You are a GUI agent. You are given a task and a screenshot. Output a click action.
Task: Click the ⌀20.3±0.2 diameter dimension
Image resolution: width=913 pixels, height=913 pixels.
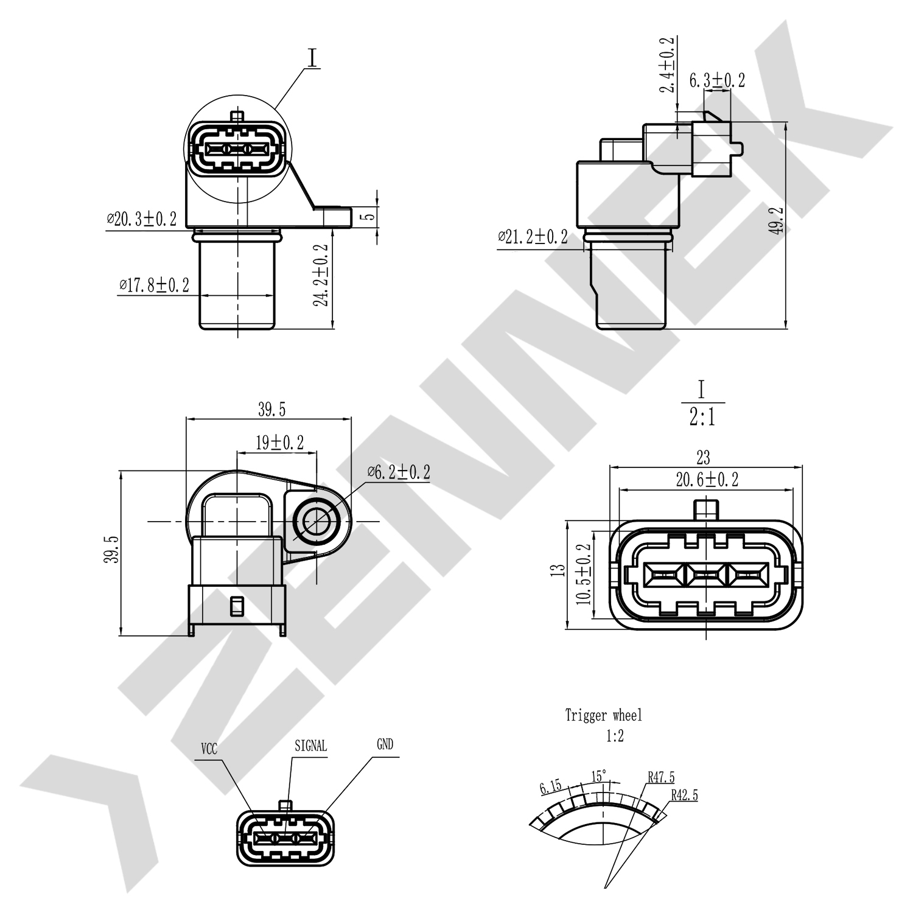(142, 219)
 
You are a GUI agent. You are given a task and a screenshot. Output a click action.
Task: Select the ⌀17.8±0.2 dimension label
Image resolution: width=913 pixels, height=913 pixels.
(155, 285)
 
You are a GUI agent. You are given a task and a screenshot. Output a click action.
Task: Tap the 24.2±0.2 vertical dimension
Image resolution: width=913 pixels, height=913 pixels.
(321, 275)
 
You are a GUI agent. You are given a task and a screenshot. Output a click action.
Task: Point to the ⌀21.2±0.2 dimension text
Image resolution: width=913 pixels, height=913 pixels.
(533, 237)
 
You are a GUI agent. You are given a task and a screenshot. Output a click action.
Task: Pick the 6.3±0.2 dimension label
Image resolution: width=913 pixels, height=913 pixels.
(716, 80)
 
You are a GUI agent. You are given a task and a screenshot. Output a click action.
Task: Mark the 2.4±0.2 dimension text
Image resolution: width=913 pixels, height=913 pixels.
(668, 65)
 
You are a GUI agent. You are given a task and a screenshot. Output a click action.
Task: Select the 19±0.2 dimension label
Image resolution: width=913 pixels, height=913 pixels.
(279, 443)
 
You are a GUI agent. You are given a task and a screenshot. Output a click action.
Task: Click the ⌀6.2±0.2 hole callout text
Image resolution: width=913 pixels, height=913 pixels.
(399, 472)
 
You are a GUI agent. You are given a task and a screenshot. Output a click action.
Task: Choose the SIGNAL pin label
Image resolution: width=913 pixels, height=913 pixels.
(310, 746)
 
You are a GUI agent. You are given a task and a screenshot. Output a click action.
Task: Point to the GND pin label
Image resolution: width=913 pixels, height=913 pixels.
(385, 744)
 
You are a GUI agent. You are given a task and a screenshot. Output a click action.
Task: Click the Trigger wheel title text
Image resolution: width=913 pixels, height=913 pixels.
(603, 715)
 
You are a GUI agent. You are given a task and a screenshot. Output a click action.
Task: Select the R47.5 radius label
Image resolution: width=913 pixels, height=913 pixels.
(660, 777)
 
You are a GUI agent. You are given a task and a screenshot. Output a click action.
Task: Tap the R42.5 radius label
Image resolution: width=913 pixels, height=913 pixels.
(684, 795)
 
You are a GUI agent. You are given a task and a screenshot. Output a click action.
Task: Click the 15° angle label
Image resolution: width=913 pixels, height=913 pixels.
(599, 776)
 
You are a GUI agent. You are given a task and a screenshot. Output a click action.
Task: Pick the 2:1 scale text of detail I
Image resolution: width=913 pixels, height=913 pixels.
(702, 418)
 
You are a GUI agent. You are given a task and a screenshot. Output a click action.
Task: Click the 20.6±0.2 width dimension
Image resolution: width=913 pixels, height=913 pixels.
(707, 480)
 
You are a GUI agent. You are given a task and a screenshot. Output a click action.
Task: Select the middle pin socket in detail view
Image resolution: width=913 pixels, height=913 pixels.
(705, 575)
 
